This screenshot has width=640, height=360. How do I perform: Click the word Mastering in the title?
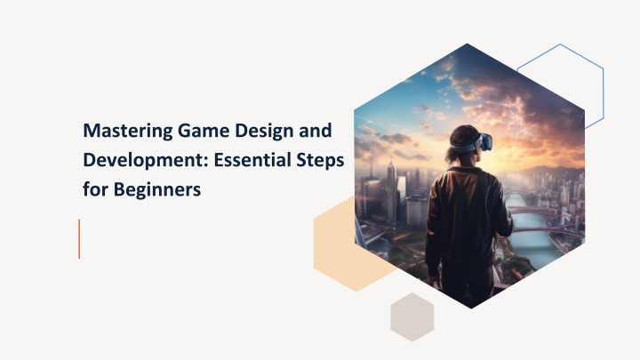[x=127, y=132]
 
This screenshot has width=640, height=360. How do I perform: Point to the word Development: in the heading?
[x=146, y=161]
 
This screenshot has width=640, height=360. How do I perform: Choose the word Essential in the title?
[x=252, y=160]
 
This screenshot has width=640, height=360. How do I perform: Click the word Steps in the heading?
[x=320, y=161]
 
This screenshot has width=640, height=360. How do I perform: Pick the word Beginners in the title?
[x=157, y=190]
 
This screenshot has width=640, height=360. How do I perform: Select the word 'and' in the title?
[x=316, y=131]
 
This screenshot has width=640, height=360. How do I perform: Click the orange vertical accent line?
[x=79, y=239]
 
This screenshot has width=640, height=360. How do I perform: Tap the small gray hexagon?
[x=412, y=317]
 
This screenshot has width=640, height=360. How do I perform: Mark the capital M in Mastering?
[x=91, y=131]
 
